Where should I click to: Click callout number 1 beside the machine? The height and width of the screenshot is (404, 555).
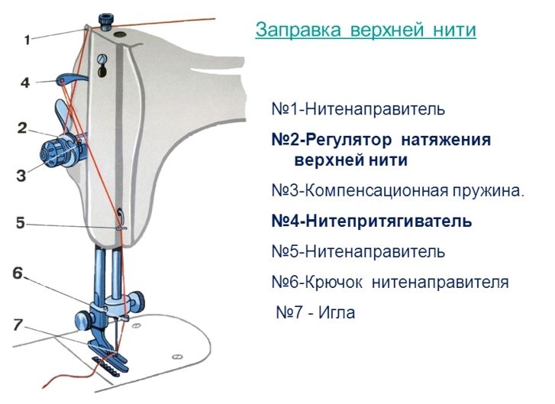coord(27,40)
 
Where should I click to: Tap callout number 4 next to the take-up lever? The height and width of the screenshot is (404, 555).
coord(25,82)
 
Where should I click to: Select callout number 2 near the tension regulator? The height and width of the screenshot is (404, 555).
coord(22,128)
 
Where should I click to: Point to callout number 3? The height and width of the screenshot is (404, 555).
coord(21,176)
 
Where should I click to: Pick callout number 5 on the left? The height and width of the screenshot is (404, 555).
coord(21,223)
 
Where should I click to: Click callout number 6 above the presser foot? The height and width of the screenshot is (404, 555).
coord(18,273)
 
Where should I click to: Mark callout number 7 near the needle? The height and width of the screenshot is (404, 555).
coord(18,325)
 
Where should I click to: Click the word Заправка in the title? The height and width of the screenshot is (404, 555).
coord(298,30)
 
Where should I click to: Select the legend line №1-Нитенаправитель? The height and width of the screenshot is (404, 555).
coord(358,109)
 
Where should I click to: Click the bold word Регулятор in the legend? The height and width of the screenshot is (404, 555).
coord(348,141)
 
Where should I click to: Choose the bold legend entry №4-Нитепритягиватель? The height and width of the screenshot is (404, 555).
coord(372,221)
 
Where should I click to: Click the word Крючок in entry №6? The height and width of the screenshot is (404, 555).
coord(334,283)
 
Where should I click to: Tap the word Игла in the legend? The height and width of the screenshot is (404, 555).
coord(336,312)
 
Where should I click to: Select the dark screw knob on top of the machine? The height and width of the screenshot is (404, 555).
coord(105,22)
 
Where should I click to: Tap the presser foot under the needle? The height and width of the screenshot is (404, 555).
coord(105,355)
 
